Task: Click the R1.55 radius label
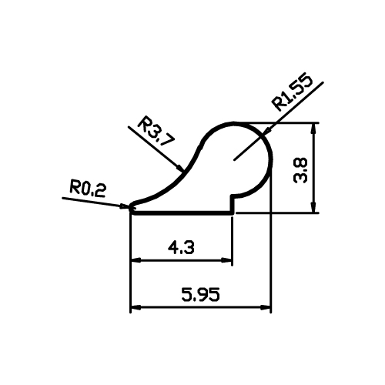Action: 293,92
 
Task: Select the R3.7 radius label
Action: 156,131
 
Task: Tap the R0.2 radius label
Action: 88,189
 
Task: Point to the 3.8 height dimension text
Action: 300,170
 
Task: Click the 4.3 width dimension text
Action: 181,247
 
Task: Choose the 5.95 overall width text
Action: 201,294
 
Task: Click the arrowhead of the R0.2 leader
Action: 126,206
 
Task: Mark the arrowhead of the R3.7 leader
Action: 180,168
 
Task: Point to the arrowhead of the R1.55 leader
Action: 267,130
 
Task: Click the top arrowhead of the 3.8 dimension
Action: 313,128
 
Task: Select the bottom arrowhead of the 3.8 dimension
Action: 313,207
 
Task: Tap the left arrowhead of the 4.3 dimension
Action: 136,260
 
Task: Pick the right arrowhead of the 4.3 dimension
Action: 226,260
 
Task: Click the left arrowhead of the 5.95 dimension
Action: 136,307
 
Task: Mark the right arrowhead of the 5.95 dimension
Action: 266,307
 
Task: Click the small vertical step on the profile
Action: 233,204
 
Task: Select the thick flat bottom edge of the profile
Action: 182,213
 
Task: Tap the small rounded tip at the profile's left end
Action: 132,207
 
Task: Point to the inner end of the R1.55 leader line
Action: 234,160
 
